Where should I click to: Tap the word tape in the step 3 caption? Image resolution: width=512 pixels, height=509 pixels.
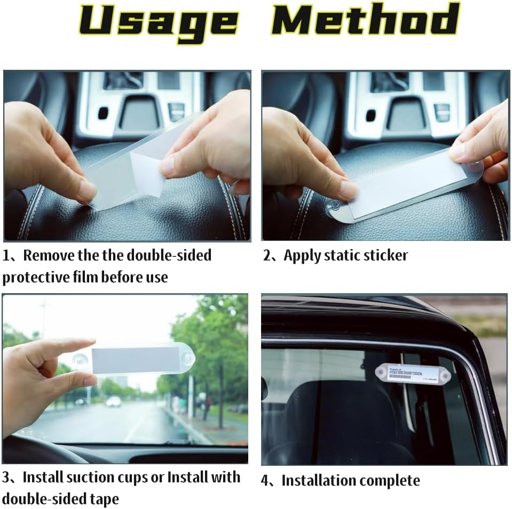coord(103,499)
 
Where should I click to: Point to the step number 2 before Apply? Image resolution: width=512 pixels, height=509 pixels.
coord(267,256)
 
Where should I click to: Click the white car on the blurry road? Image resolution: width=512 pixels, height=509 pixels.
coord(113,401)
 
